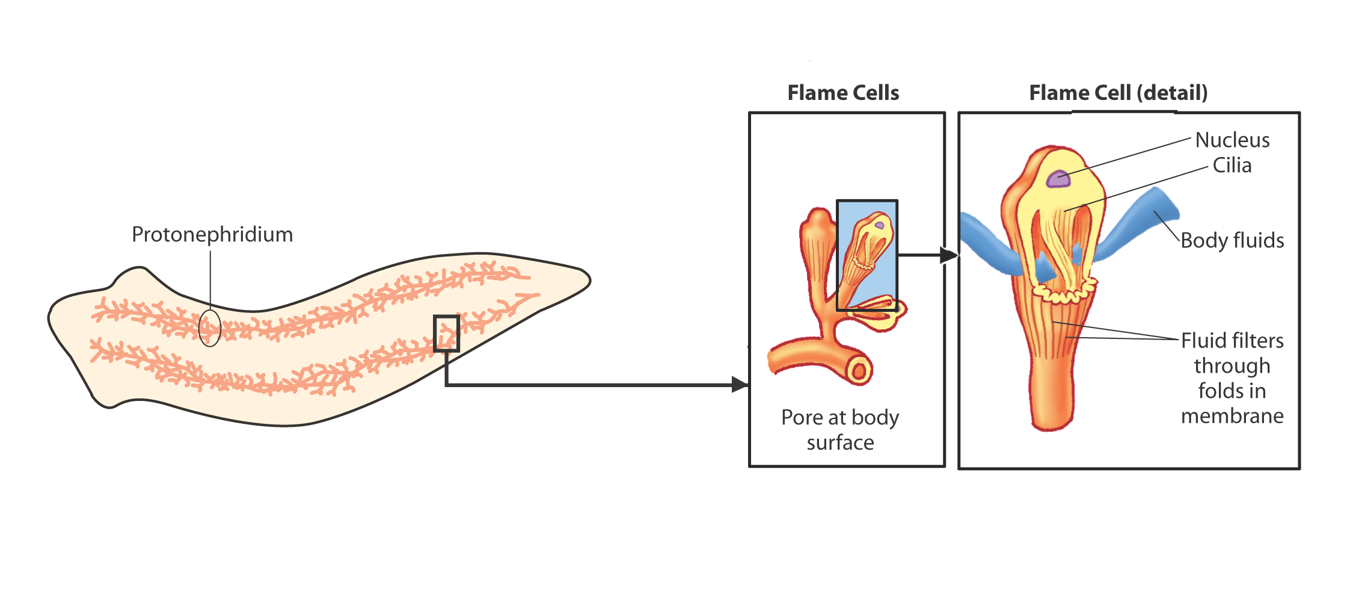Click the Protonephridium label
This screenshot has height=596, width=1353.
(212, 234)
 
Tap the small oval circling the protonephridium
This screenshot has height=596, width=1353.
(210, 327)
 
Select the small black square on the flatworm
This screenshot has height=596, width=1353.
(447, 333)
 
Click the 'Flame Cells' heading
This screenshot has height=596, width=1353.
(843, 93)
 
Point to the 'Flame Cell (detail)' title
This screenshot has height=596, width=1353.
(1118, 93)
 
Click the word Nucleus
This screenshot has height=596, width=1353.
(1232, 140)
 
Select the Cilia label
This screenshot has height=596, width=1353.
(1232, 165)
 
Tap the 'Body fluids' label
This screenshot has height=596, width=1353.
(1232, 240)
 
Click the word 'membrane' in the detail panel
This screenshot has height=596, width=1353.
(1232, 416)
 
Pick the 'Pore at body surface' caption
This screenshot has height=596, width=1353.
(840, 430)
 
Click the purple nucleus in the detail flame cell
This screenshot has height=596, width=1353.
(1058, 179)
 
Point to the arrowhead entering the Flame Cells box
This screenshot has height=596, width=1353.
(740, 384)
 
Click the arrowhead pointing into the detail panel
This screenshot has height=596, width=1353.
(948, 255)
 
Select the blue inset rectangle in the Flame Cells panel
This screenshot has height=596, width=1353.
(867, 255)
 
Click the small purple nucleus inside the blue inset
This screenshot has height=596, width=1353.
(880, 226)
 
